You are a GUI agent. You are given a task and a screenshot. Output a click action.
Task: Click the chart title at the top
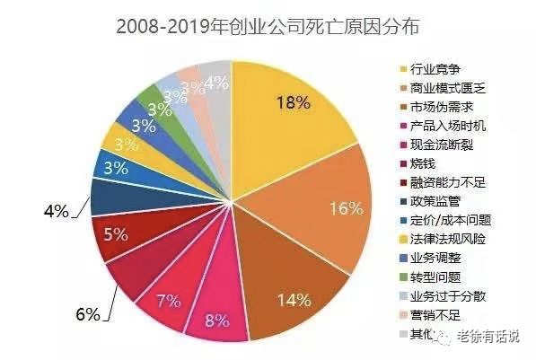(x=268, y=25)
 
